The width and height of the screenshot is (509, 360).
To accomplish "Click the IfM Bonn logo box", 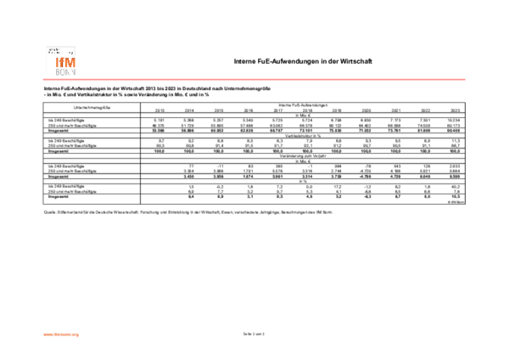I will [x=61, y=60].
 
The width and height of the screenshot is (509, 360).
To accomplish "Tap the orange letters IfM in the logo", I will [x=64, y=62].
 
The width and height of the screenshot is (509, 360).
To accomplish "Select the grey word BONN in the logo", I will [x=65, y=72].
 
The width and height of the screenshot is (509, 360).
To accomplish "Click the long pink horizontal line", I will [x=255, y=80].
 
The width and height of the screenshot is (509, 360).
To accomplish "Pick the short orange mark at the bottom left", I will [x=61, y=335].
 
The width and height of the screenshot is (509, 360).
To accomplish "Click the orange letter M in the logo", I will [x=70, y=62].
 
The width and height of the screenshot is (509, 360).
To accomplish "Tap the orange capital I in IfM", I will [x=57, y=62].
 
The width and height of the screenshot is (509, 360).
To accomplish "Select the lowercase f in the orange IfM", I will [x=62, y=62].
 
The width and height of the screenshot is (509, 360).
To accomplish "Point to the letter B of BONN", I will [x=58, y=72].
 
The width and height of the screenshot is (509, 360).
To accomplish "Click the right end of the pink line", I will [x=465, y=80].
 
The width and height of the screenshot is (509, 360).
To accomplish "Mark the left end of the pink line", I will [x=43, y=80].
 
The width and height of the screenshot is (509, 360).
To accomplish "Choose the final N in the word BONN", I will [x=74, y=72].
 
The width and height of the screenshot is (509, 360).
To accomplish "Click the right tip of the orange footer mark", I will [x=78, y=335].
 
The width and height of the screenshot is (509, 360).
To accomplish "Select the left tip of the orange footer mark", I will [x=43, y=335].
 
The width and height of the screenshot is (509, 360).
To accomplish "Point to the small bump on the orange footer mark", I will [x=56, y=334].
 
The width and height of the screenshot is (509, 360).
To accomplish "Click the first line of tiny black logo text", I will [x=54, y=49].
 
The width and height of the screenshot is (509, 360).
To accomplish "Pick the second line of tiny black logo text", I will [x=54, y=53].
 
